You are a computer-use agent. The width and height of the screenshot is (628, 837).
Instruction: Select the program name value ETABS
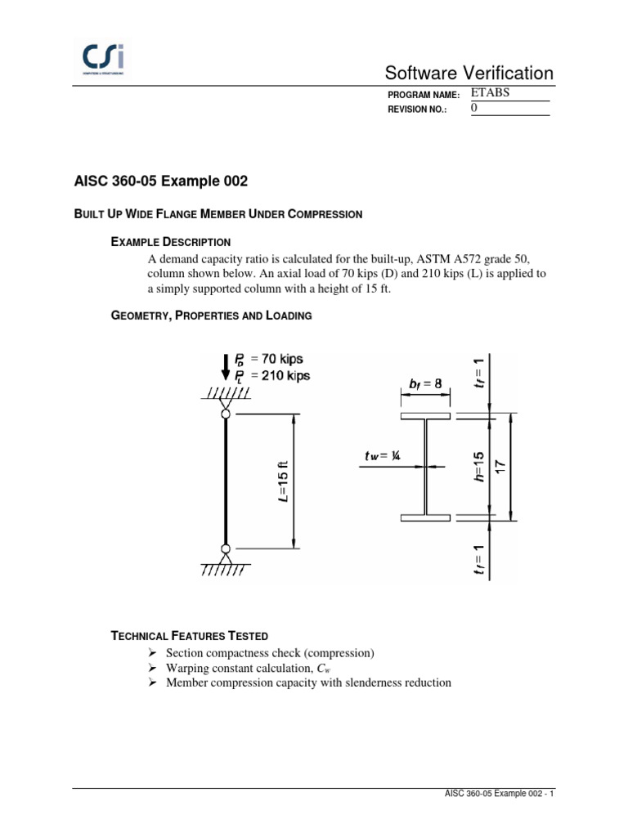(491, 93)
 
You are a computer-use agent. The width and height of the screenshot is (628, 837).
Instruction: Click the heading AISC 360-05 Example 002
(160, 180)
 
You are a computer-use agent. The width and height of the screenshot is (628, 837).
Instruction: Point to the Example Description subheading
(170, 242)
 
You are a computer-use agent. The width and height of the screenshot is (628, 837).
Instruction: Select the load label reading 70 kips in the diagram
(275, 358)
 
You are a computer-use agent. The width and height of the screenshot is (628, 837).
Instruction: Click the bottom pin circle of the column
(225, 548)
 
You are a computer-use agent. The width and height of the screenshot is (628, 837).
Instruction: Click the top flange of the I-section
(425, 416)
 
